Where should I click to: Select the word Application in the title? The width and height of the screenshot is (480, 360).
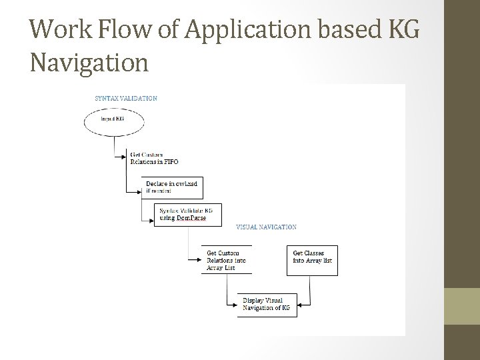(227, 30)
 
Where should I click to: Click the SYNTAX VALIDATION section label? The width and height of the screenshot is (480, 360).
(126, 98)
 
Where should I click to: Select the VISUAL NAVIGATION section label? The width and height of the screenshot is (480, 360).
(267, 227)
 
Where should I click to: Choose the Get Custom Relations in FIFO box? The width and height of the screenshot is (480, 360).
(153, 159)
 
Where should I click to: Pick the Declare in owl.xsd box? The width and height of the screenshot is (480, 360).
(172, 187)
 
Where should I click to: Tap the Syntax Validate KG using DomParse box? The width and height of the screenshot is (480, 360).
(187, 215)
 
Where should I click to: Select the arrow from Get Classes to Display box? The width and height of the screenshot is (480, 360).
(308, 293)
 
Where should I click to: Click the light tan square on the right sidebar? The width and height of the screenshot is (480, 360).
(461, 306)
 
